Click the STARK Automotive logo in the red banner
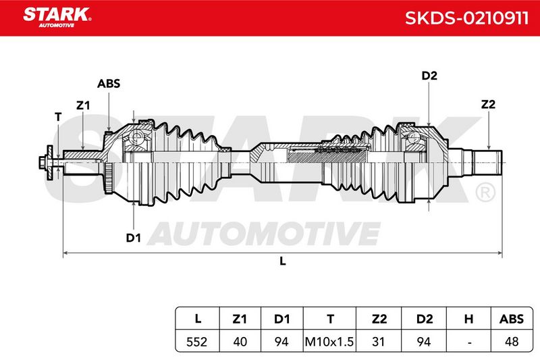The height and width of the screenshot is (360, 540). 57,18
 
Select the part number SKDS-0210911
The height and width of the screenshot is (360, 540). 466,18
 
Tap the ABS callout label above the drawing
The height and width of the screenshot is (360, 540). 109,83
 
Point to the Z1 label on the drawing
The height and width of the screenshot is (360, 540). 83,105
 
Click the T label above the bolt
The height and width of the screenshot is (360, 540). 58,117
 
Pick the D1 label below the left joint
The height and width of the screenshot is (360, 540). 133,238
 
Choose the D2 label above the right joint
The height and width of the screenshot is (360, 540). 429,76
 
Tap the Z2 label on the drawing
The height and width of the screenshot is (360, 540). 488,104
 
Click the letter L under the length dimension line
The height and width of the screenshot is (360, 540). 282,261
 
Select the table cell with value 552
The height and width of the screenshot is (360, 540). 196,342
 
